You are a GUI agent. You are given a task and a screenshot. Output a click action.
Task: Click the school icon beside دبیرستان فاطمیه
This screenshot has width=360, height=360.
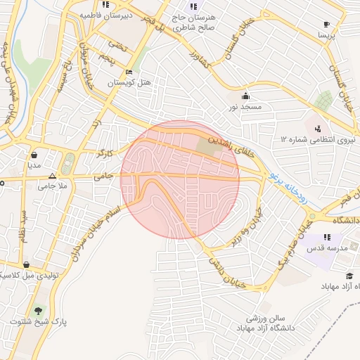point(105,5)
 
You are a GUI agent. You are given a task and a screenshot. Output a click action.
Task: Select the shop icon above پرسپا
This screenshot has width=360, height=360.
point(326,23)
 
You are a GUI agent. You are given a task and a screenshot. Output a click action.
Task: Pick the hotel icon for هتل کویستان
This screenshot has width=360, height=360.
point(129,72)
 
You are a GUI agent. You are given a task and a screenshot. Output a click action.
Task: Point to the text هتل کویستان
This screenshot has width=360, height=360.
point(129,83)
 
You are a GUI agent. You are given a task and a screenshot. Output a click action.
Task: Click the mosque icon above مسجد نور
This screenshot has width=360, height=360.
point(245,96)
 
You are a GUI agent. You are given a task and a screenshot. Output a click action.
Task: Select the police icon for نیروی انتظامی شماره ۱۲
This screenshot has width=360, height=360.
point(319,129)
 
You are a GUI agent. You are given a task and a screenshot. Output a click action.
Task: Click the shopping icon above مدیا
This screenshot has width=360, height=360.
point(34,155)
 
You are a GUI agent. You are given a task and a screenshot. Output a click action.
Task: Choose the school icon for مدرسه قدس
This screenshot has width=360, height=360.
point(327,238)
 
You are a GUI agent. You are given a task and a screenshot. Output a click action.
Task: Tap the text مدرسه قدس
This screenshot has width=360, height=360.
point(323,249)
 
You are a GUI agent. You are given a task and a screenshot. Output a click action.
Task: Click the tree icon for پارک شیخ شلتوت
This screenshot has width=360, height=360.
point(38,310)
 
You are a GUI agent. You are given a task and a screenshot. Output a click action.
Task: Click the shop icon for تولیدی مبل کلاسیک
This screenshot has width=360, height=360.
point(26,264)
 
